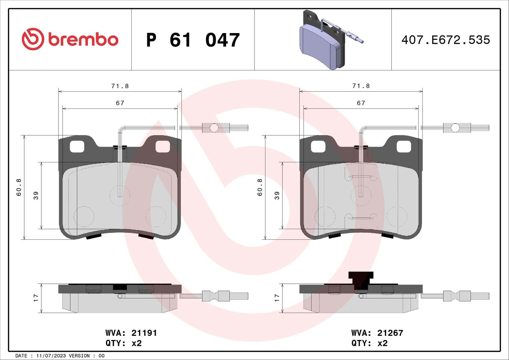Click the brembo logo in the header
click(70, 39)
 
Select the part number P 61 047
click(193, 40)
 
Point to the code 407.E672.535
click(445, 40)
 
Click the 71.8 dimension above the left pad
click(120, 86)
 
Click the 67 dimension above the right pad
click(361, 103)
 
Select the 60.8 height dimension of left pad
click(19, 187)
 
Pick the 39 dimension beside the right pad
click(277, 195)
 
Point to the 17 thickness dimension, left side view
click(36, 298)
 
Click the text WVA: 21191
click(131, 333)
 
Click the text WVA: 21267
click(377, 333)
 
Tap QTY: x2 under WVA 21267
click(369, 343)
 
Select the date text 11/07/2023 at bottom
click(51, 356)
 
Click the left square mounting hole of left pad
click(77, 146)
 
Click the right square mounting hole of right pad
click(404, 146)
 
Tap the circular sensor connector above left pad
click(214, 128)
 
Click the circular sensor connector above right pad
click(455, 128)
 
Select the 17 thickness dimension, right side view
click(277, 298)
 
